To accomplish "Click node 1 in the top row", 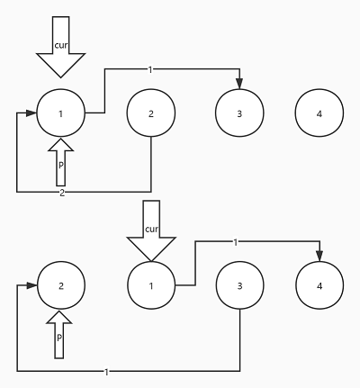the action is [x=61, y=113].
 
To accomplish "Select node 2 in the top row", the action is [x=151, y=113].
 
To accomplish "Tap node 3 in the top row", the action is [x=239, y=113].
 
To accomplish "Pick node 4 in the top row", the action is [x=319, y=113].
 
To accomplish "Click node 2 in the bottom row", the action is [x=61, y=285].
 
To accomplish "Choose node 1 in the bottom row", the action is [x=151, y=285].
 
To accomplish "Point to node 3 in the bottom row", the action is [x=239, y=285].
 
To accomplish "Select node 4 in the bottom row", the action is [x=319, y=285].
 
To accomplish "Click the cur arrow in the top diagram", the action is [x=61, y=47].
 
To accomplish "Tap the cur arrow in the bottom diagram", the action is [x=151, y=230].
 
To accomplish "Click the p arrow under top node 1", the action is [x=61, y=162].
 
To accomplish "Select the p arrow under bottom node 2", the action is [x=59, y=335].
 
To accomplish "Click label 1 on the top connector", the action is [x=150, y=69].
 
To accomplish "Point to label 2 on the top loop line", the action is [x=62, y=193].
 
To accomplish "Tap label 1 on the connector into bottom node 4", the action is [x=236, y=242].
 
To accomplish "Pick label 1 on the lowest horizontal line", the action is [x=106, y=372].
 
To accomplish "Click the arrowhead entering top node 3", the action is [x=239, y=84].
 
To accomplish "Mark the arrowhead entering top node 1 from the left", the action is [x=31, y=113].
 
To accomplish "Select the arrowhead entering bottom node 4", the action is [x=319, y=256].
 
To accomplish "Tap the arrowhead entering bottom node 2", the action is [x=31, y=285].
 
